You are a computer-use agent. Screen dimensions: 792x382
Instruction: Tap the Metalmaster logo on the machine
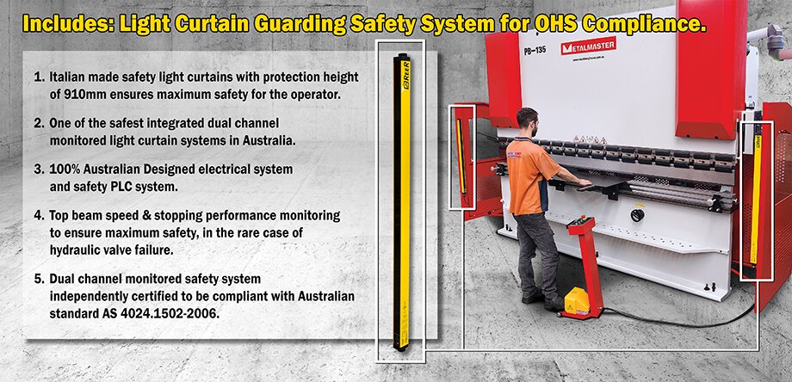pyautogui.click(x=588, y=47)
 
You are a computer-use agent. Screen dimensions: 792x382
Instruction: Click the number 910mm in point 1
pyautogui.click(x=72, y=94)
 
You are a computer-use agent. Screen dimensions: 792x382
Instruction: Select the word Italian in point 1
pyautogui.click(x=68, y=77)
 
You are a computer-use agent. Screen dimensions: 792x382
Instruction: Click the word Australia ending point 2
pyautogui.click(x=269, y=140)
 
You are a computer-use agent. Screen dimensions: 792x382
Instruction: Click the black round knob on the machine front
pyautogui.click(x=637, y=215)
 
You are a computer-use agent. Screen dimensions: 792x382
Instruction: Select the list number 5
pyautogui.click(x=38, y=279)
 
